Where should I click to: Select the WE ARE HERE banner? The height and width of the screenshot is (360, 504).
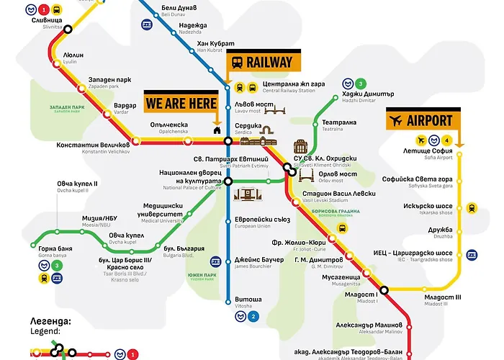[x=181, y=103]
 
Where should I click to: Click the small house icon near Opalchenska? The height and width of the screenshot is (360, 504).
[x=216, y=130]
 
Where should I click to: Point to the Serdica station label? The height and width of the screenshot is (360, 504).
[x=249, y=127]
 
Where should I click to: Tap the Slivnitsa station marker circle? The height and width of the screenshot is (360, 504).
[x=68, y=30]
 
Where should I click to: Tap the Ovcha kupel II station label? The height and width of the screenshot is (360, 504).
[x=77, y=186]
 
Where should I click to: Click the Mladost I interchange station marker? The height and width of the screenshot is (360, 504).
[x=384, y=290]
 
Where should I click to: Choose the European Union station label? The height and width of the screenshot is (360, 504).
[x=258, y=222]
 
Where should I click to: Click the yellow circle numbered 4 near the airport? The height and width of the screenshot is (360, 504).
[x=447, y=140]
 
